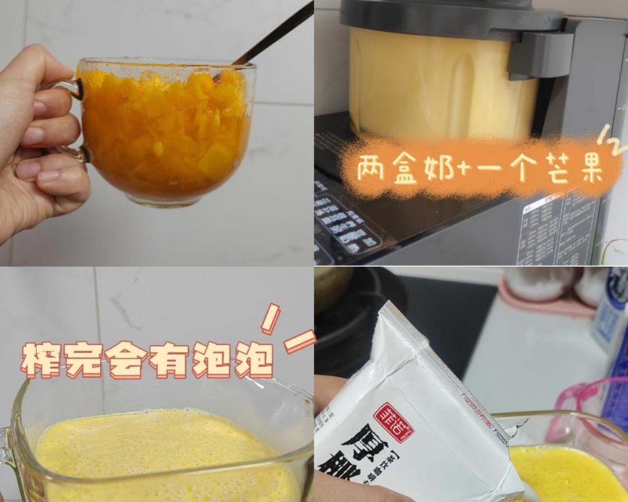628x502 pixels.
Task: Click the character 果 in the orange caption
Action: [589, 168]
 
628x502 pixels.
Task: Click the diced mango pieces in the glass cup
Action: [166, 134]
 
